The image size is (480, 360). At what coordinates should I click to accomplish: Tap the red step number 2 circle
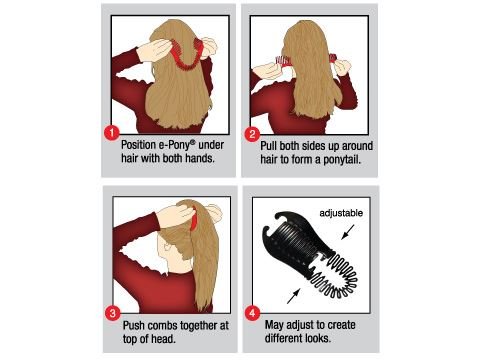(x=252, y=132)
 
